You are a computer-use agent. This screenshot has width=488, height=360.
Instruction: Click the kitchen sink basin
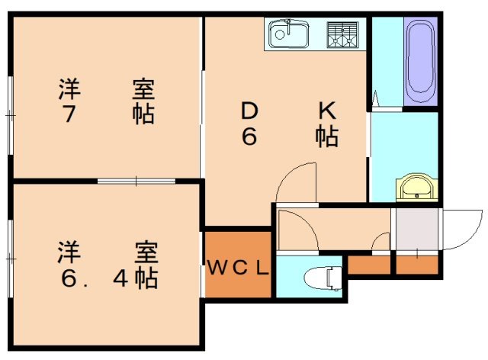pos(287,34)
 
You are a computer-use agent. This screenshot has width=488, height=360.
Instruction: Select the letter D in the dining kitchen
pos(249,111)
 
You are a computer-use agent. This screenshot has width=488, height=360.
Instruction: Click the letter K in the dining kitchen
pos(326,111)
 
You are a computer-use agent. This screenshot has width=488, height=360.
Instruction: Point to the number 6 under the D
pos(249,137)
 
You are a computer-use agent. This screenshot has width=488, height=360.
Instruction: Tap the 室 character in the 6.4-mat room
pos(146,252)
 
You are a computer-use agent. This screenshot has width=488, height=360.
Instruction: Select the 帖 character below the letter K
pos(327,138)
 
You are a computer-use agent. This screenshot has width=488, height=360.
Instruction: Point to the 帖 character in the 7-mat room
pos(143,114)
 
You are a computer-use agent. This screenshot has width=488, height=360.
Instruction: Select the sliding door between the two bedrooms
pos(136,181)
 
